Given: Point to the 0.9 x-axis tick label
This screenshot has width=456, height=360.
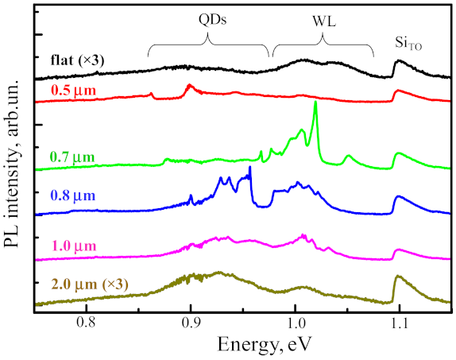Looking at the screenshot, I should (191, 323).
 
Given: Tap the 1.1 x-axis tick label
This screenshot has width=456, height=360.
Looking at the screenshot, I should (399, 323).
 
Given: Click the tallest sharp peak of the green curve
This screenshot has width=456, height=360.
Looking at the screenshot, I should (315, 103).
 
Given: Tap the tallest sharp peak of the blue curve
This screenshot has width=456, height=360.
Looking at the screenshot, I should (250, 168).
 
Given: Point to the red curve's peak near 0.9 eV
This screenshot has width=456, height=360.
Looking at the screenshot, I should (189, 85).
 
